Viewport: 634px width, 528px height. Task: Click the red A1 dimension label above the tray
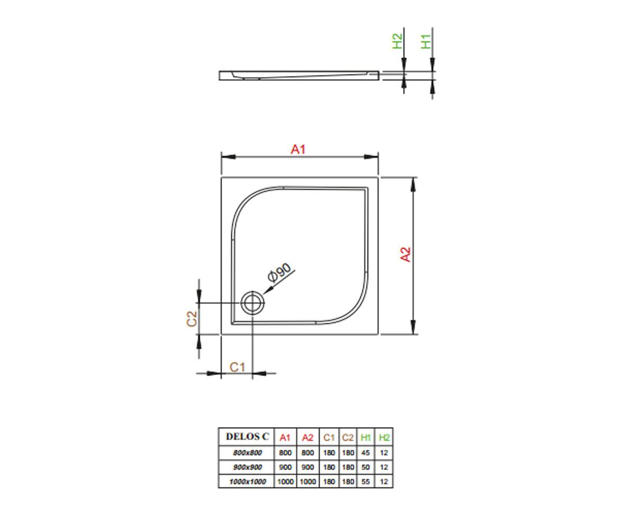298,149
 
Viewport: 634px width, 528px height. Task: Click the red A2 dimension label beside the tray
405,254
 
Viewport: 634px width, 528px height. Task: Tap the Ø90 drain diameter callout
279,272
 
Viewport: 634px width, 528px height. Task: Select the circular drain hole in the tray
253,303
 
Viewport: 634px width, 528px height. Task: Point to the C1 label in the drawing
237,367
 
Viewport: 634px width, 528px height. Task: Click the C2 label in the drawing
192,319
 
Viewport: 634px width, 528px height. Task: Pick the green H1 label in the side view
426,41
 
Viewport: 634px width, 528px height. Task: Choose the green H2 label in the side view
397,41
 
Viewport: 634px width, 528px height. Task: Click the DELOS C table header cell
247,436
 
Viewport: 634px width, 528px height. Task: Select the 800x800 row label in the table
247,452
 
